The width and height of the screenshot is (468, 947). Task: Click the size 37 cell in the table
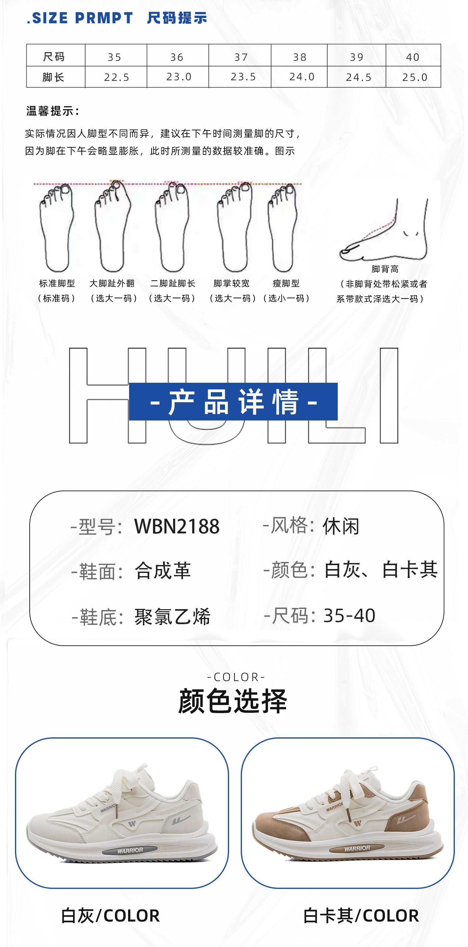click(x=241, y=57)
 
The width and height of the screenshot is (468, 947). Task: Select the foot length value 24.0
click(x=302, y=77)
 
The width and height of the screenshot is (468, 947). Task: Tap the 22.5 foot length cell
click(x=116, y=77)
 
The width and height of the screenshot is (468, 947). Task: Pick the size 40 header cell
click(x=413, y=57)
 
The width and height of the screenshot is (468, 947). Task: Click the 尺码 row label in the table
click(x=54, y=57)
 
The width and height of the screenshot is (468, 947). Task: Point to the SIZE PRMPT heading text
click(x=80, y=18)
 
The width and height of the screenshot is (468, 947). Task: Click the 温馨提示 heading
click(x=53, y=111)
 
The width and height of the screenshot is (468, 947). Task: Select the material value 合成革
click(x=163, y=571)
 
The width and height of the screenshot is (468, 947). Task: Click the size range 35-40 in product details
click(x=349, y=615)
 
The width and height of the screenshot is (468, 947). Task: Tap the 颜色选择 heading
click(x=233, y=701)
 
